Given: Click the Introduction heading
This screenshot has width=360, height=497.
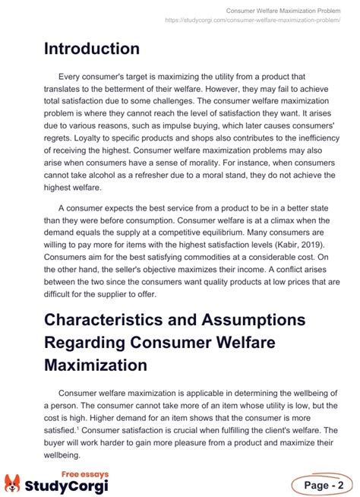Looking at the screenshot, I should (x=91, y=49).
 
